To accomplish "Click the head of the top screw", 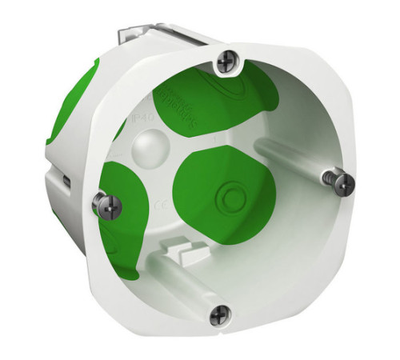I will point(228,59).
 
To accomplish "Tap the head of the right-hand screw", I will point(343,183).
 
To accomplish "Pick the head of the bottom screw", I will point(219,316).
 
